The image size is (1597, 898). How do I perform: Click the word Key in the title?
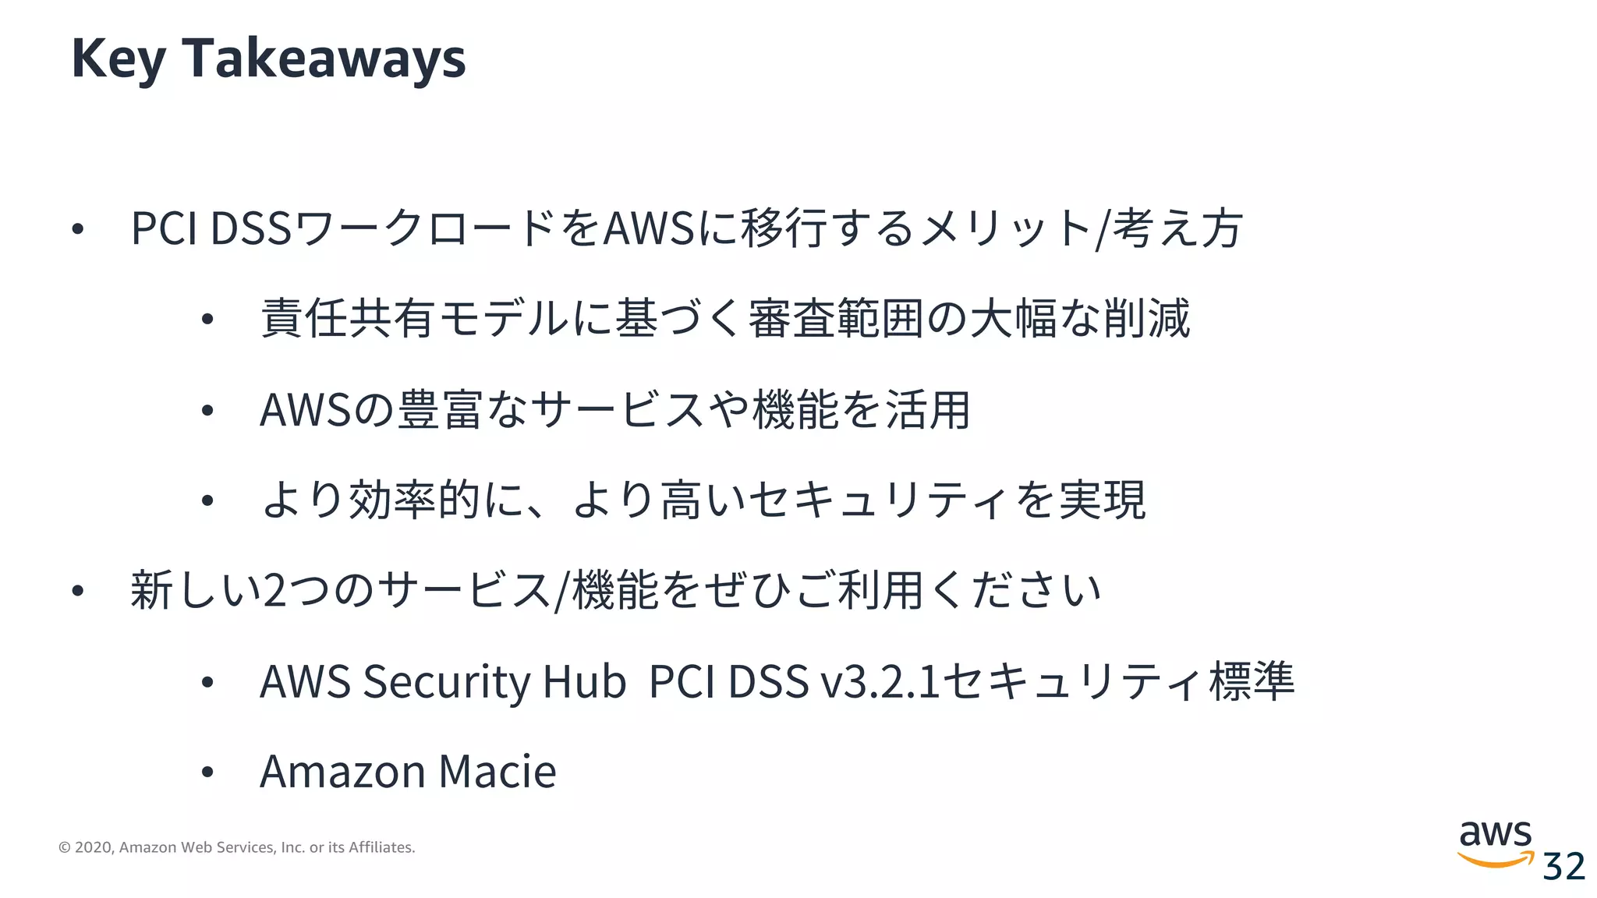point(118,59)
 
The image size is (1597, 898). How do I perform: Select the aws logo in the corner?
point(1495,843)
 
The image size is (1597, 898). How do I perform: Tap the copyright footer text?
point(237,847)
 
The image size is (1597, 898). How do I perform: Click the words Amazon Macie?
point(408,772)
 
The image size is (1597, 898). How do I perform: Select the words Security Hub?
point(494,681)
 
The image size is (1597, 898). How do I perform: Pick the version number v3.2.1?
point(880,681)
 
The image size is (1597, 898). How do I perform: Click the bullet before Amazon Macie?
point(207,772)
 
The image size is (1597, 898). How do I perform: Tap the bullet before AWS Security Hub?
point(207,682)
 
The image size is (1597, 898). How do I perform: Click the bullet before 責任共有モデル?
point(207,319)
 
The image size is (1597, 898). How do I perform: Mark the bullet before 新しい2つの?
point(77,591)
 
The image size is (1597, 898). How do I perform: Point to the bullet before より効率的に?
point(207,500)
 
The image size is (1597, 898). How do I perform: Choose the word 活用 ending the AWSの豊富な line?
point(927,410)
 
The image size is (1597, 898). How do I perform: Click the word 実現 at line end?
point(1102,500)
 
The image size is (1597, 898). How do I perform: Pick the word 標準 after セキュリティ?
point(1252,681)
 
